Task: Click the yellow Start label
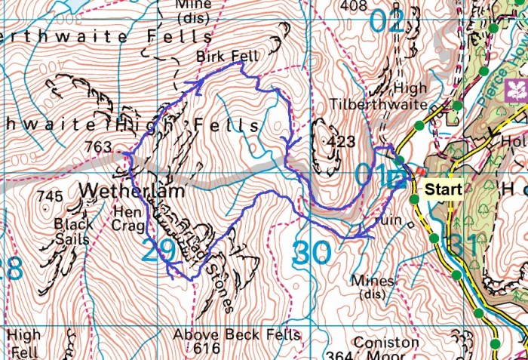click(441, 189)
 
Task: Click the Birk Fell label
click(216, 57)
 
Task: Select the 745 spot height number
click(49, 196)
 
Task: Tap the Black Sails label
click(74, 232)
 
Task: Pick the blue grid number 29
click(159, 252)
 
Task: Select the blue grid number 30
click(311, 253)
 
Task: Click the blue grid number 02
click(388, 20)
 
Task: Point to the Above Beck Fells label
click(236, 334)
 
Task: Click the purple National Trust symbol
click(517, 90)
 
